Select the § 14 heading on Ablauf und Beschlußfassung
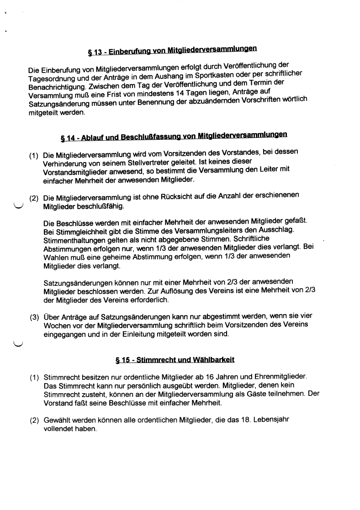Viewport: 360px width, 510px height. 174,136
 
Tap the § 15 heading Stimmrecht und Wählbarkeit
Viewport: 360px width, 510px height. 175,360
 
